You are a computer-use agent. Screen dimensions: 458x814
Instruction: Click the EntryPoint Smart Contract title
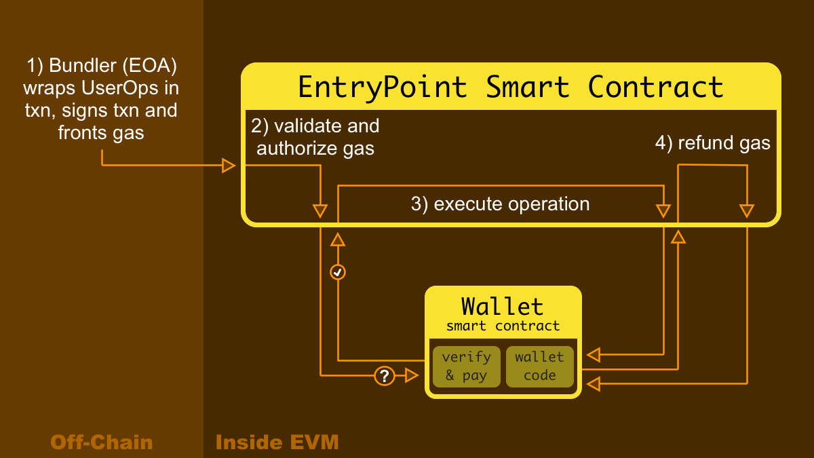[511, 87]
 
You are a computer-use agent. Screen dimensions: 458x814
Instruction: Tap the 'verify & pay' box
[466, 366]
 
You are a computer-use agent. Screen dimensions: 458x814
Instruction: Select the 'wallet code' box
[539, 366]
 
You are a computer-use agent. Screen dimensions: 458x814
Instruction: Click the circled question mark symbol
[384, 375]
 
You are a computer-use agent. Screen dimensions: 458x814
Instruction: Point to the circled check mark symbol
[338, 272]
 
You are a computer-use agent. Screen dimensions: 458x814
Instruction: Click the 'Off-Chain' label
[102, 443]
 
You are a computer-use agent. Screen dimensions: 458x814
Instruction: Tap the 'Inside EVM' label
[277, 443]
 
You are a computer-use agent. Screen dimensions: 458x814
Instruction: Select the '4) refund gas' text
[712, 142]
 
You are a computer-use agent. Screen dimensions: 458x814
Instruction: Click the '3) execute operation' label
[500, 204]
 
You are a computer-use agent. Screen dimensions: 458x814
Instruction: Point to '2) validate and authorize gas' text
[315, 137]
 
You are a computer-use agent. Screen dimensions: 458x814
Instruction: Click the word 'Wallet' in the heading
[503, 306]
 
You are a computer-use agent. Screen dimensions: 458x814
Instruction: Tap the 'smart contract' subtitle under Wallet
[503, 326]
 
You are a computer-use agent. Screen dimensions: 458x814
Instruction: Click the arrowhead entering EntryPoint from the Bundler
[229, 166]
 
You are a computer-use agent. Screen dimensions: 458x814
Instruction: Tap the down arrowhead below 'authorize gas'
[320, 210]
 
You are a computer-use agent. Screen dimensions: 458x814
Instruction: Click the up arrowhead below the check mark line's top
[338, 239]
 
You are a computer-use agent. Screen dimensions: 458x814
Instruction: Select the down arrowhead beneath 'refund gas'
[747, 210]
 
